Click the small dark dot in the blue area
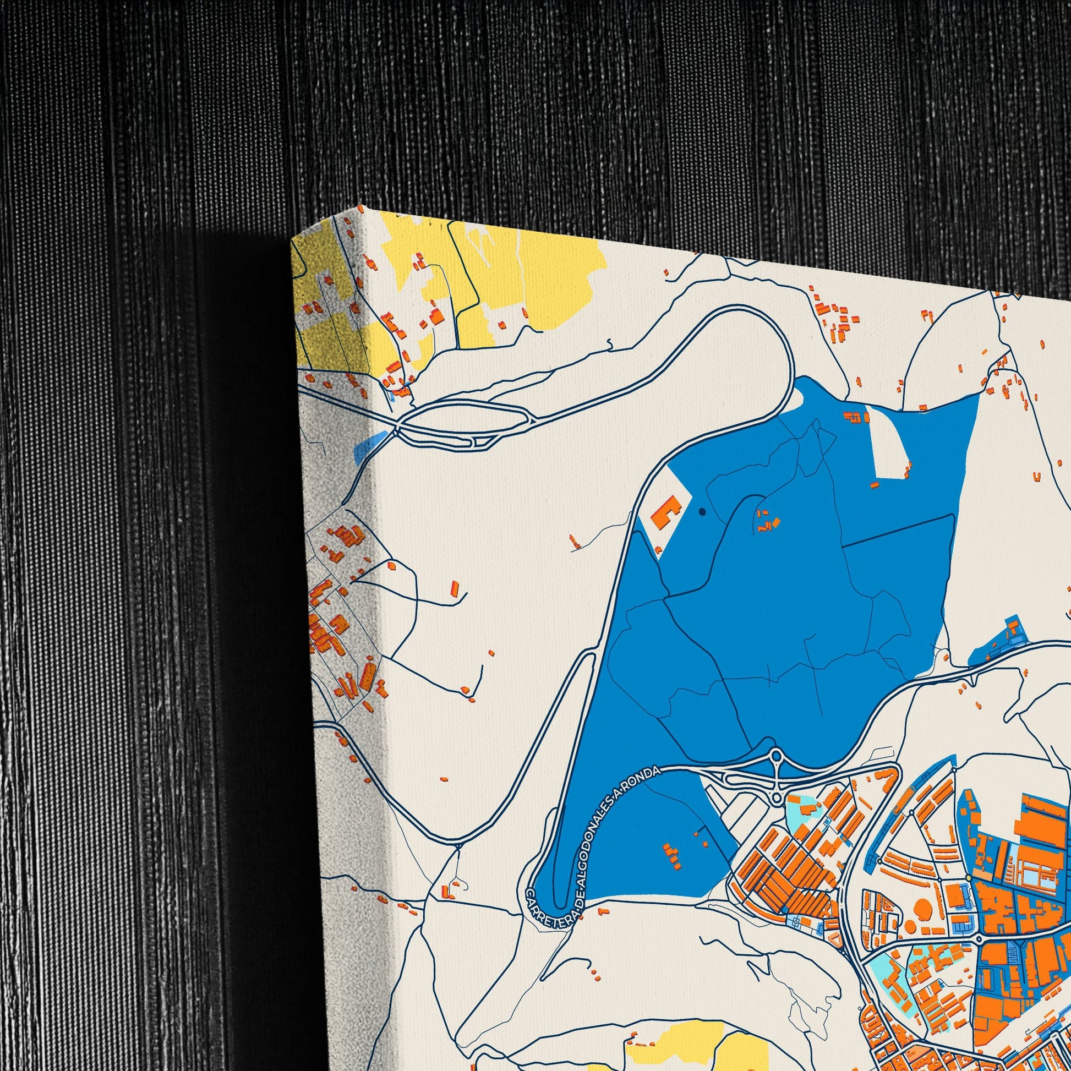702,512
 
